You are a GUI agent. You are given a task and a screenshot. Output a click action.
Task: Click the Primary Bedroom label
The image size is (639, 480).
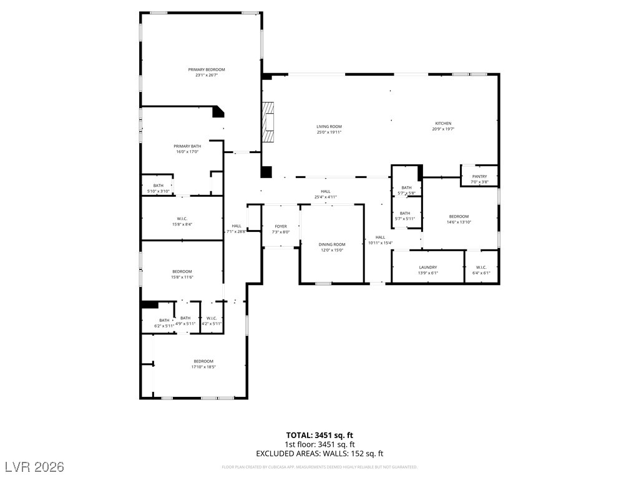(207, 69)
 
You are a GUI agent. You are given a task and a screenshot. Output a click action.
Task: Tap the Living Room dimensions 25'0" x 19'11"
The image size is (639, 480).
(329, 132)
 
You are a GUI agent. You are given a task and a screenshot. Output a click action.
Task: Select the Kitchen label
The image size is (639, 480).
(443, 123)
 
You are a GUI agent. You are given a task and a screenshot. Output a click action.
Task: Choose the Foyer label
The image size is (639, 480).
(281, 226)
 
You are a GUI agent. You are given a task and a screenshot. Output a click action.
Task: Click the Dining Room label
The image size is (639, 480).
(331, 244)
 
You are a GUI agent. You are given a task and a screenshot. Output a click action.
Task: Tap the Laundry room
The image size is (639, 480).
(428, 267)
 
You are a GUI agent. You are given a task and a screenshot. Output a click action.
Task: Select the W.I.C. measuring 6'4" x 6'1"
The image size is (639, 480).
(481, 267)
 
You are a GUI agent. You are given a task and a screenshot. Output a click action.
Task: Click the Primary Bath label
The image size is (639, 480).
(187, 146)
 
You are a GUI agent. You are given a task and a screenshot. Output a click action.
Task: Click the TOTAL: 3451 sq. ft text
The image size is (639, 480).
(319, 435)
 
